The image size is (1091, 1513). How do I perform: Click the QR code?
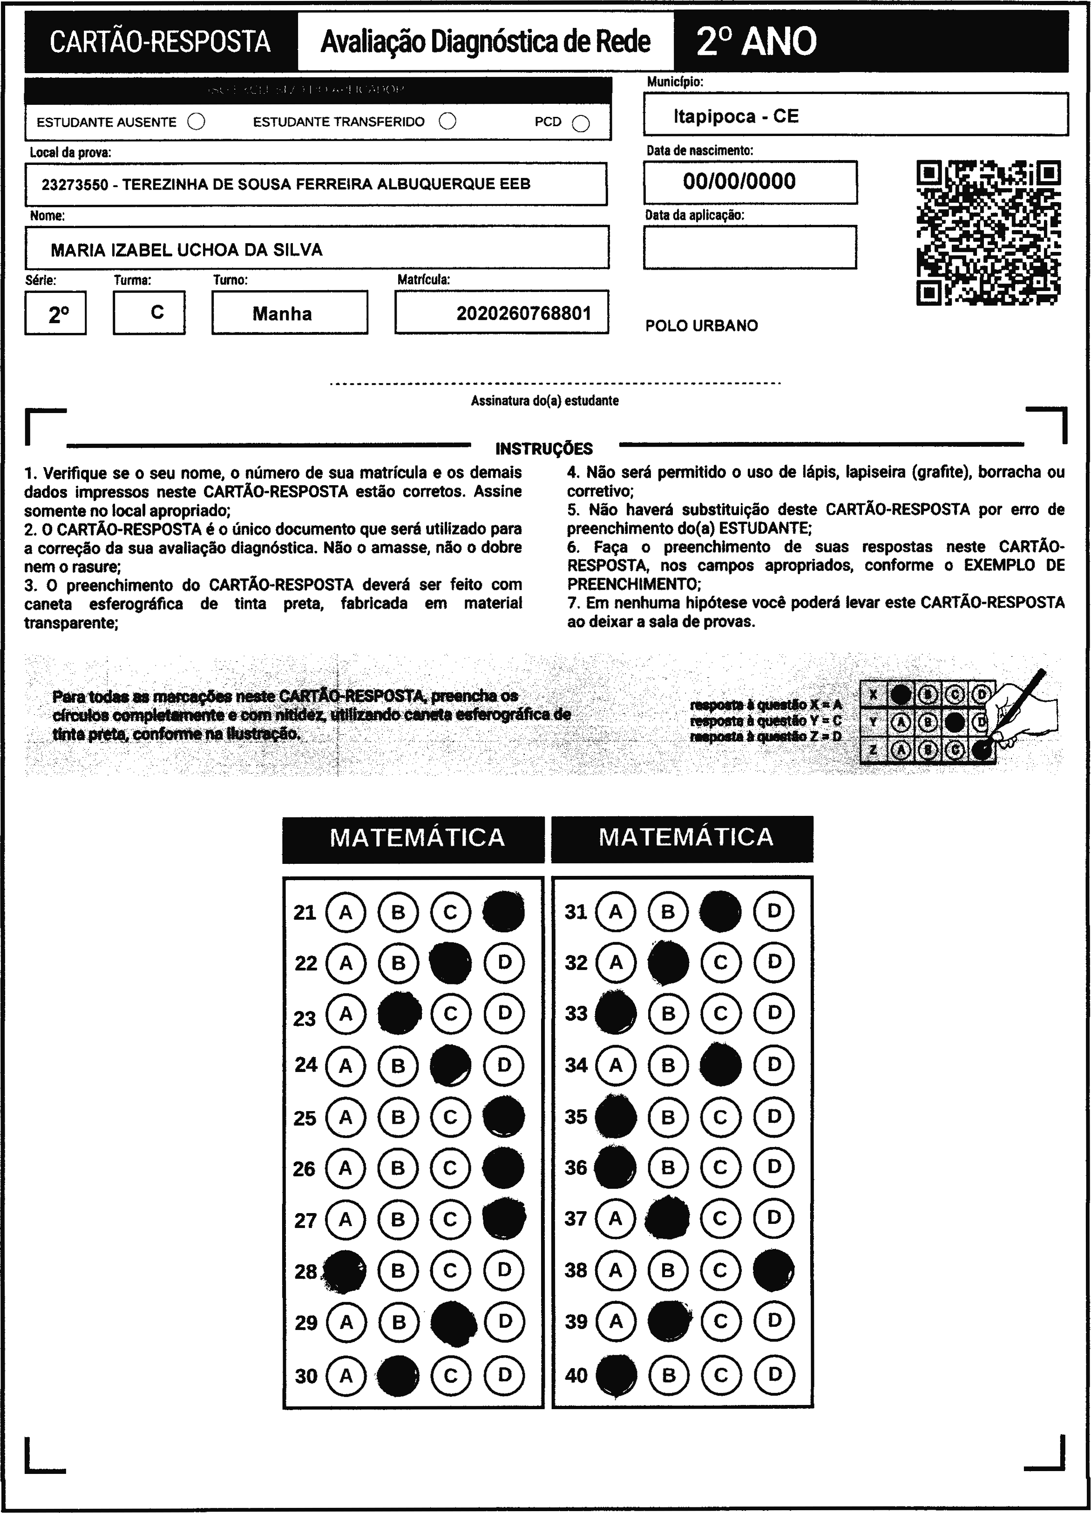tap(988, 233)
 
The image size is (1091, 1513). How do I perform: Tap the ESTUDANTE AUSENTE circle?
tap(196, 122)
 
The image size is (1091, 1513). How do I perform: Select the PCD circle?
tap(581, 123)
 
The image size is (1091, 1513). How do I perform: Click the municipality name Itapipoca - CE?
tap(736, 116)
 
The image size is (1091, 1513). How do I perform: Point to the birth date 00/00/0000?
tap(739, 182)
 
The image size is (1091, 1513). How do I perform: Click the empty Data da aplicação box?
tap(750, 247)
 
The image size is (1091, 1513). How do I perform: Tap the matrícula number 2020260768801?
tap(523, 313)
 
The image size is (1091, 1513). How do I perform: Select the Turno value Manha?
tap(282, 313)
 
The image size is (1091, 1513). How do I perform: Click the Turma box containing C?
tap(149, 312)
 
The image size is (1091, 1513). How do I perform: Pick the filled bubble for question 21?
tap(503, 911)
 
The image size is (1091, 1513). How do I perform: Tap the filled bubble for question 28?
tap(345, 1271)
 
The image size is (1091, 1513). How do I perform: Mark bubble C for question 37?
tap(720, 1219)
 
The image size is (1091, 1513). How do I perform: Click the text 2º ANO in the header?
tap(756, 41)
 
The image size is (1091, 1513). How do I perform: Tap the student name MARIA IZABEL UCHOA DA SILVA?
tap(187, 250)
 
